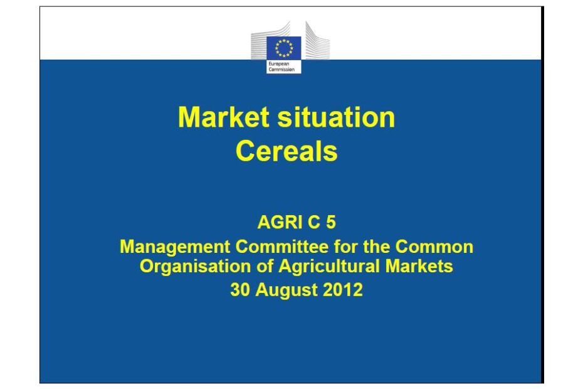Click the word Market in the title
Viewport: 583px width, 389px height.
[224, 117]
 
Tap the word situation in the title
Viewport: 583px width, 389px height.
[336, 117]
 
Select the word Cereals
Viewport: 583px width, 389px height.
[286, 151]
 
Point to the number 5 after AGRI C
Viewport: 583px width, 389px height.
[331, 222]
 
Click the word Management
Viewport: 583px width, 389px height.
[175, 247]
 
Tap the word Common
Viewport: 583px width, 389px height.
[434, 247]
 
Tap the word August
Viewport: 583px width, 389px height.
[286, 290]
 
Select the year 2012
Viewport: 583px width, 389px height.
[343, 290]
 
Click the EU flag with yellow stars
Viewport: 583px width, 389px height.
[284, 48]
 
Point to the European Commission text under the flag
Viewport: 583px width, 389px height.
[281, 67]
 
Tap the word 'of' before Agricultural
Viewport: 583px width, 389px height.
[265, 266]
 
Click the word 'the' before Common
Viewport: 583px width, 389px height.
[376, 247]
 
